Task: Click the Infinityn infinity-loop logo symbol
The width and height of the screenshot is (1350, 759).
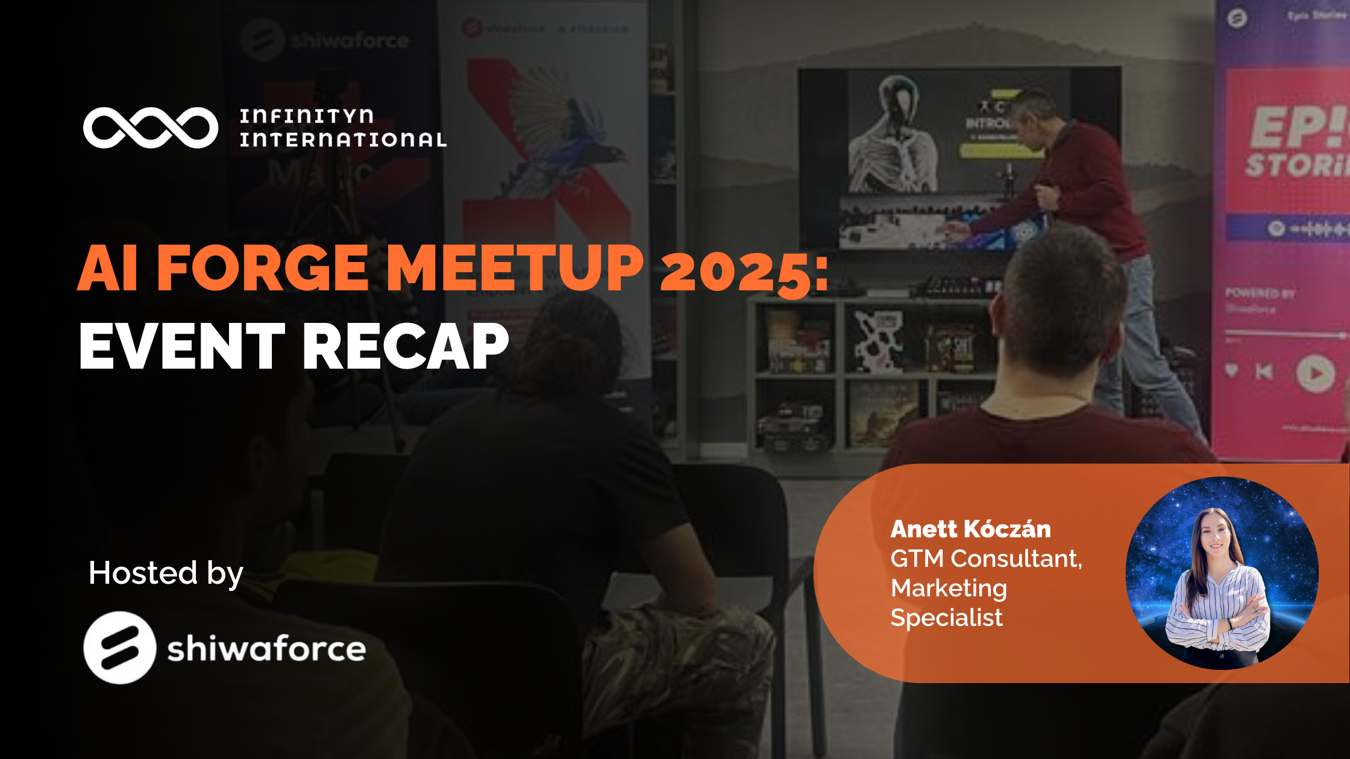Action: pos(151,128)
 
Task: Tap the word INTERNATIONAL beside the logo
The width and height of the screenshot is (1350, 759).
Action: pos(343,140)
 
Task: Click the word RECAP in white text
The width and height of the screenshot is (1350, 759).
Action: pos(406,346)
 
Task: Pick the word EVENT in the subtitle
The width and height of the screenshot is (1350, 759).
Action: pos(181,346)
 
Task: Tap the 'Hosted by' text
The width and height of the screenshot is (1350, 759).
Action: pos(166,573)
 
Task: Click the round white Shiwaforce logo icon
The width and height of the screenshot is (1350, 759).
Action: pos(119,648)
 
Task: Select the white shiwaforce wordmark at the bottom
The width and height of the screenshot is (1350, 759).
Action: pos(266,649)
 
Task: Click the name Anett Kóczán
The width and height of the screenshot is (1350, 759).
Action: pos(970,529)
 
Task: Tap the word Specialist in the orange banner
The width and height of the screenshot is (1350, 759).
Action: pos(946,617)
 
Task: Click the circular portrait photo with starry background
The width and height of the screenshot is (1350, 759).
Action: pos(1222,573)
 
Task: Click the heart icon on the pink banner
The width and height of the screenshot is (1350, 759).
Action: pos(1231,370)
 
